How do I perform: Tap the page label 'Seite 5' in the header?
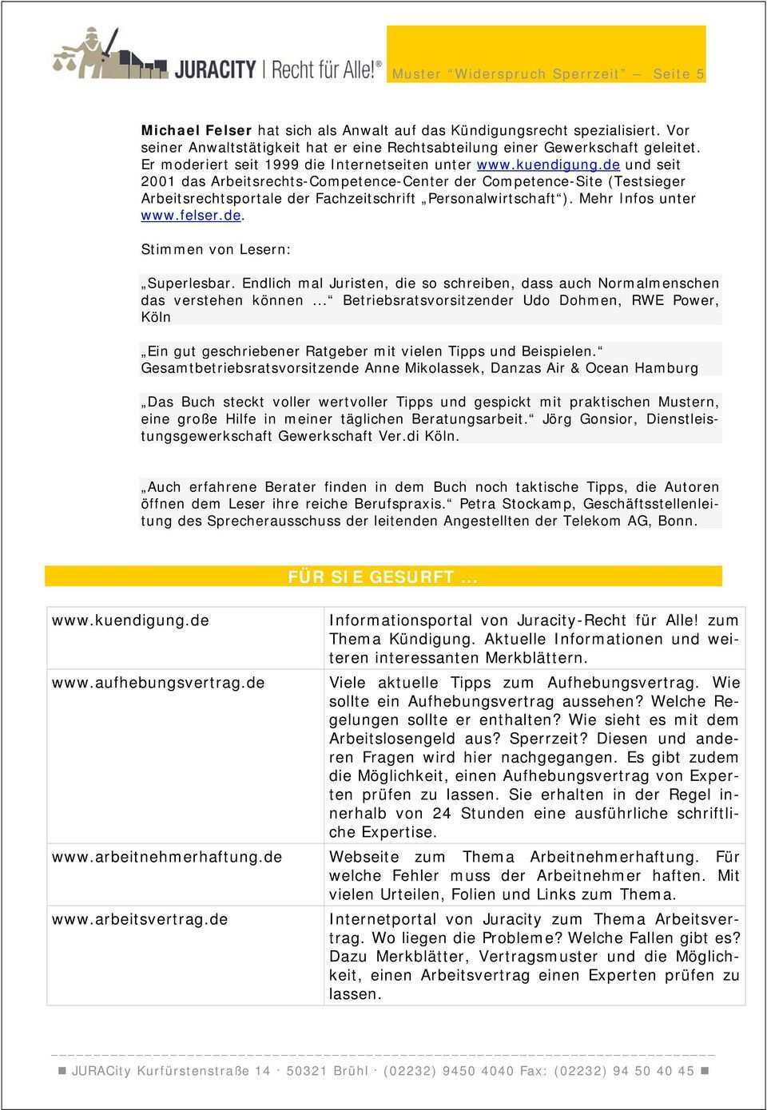[678, 73]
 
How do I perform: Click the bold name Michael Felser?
[197, 129]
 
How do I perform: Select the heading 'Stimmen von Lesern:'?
[216, 249]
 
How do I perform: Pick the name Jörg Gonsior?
[590, 419]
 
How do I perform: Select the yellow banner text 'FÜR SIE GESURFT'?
[382, 577]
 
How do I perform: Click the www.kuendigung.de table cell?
[131, 620]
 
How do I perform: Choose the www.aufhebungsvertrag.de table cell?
[158, 683]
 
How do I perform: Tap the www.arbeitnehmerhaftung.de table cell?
[167, 857]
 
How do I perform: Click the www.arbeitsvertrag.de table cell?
[140, 919]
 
